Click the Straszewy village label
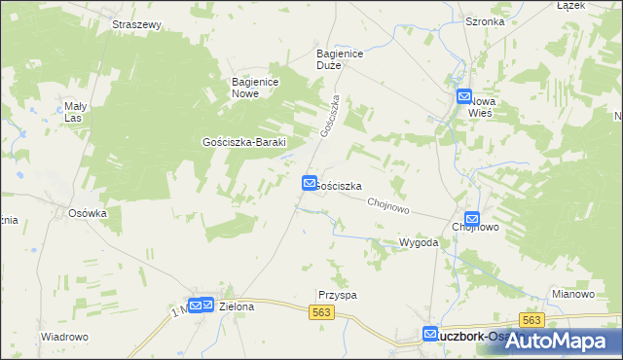click(136, 24)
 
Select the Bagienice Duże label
click(340, 60)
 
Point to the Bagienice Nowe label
click(257, 88)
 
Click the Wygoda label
click(419, 242)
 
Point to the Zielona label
click(237, 306)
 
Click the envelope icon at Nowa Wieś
click(465, 96)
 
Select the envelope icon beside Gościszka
click(310, 182)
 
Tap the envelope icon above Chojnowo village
click(472, 219)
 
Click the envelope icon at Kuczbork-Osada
click(431, 334)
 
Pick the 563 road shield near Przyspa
click(323, 311)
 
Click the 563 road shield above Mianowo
click(531, 320)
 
